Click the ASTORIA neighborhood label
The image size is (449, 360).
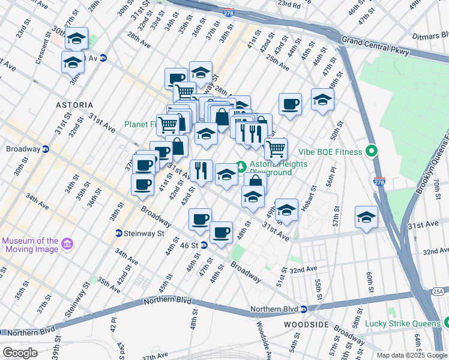point(74,104)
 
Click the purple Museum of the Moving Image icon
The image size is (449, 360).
point(67,244)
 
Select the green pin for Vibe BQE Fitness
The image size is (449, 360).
point(372,152)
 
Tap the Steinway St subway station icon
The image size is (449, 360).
point(119,233)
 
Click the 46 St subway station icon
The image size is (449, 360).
point(203,245)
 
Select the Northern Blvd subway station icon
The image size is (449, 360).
point(304,310)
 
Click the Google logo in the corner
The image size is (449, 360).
point(19,353)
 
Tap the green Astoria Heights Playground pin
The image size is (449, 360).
point(241,165)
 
